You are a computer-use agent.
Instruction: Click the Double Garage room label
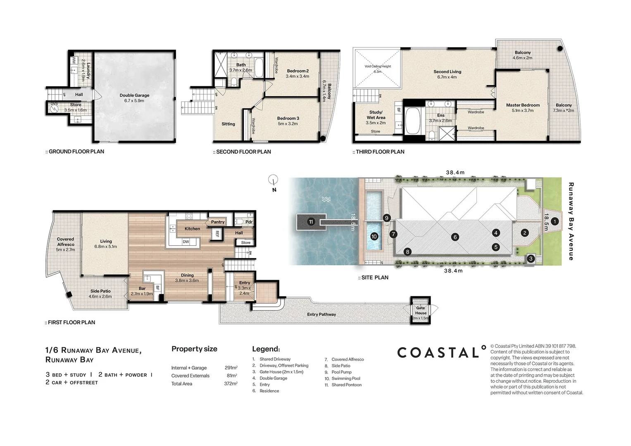134,95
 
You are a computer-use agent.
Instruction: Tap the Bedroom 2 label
298,71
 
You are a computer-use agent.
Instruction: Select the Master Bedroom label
523,105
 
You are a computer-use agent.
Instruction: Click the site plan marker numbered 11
311,222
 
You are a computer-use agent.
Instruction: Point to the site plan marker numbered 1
555,222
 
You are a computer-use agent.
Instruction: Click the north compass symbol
273,180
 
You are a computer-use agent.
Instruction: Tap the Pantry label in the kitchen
217,222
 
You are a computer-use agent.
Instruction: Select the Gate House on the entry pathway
420,311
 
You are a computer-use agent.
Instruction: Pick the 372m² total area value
231,384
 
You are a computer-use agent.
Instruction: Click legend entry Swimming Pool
345,378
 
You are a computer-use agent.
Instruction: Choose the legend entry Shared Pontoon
346,385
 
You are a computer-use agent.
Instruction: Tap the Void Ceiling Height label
377,66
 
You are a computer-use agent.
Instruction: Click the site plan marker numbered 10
374,237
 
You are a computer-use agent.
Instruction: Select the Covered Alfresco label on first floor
65,242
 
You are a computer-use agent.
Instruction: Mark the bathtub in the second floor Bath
259,68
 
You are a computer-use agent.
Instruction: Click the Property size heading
194,349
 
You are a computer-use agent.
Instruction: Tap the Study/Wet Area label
376,115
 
